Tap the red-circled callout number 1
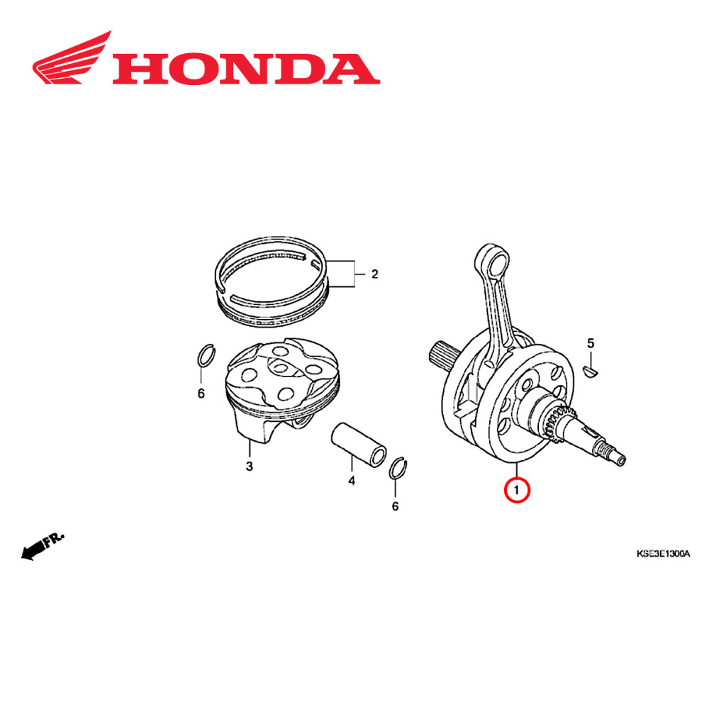pyautogui.click(x=517, y=490)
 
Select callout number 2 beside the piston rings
pyautogui.click(x=375, y=274)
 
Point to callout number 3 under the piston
pyautogui.click(x=249, y=466)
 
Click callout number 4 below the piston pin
pyautogui.click(x=351, y=481)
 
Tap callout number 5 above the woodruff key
pyautogui.click(x=589, y=345)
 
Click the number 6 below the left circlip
pyautogui.click(x=201, y=393)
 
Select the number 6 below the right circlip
pyautogui.click(x=395, y=506)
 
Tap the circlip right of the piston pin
pyautogui.click(x=401, y=469)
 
